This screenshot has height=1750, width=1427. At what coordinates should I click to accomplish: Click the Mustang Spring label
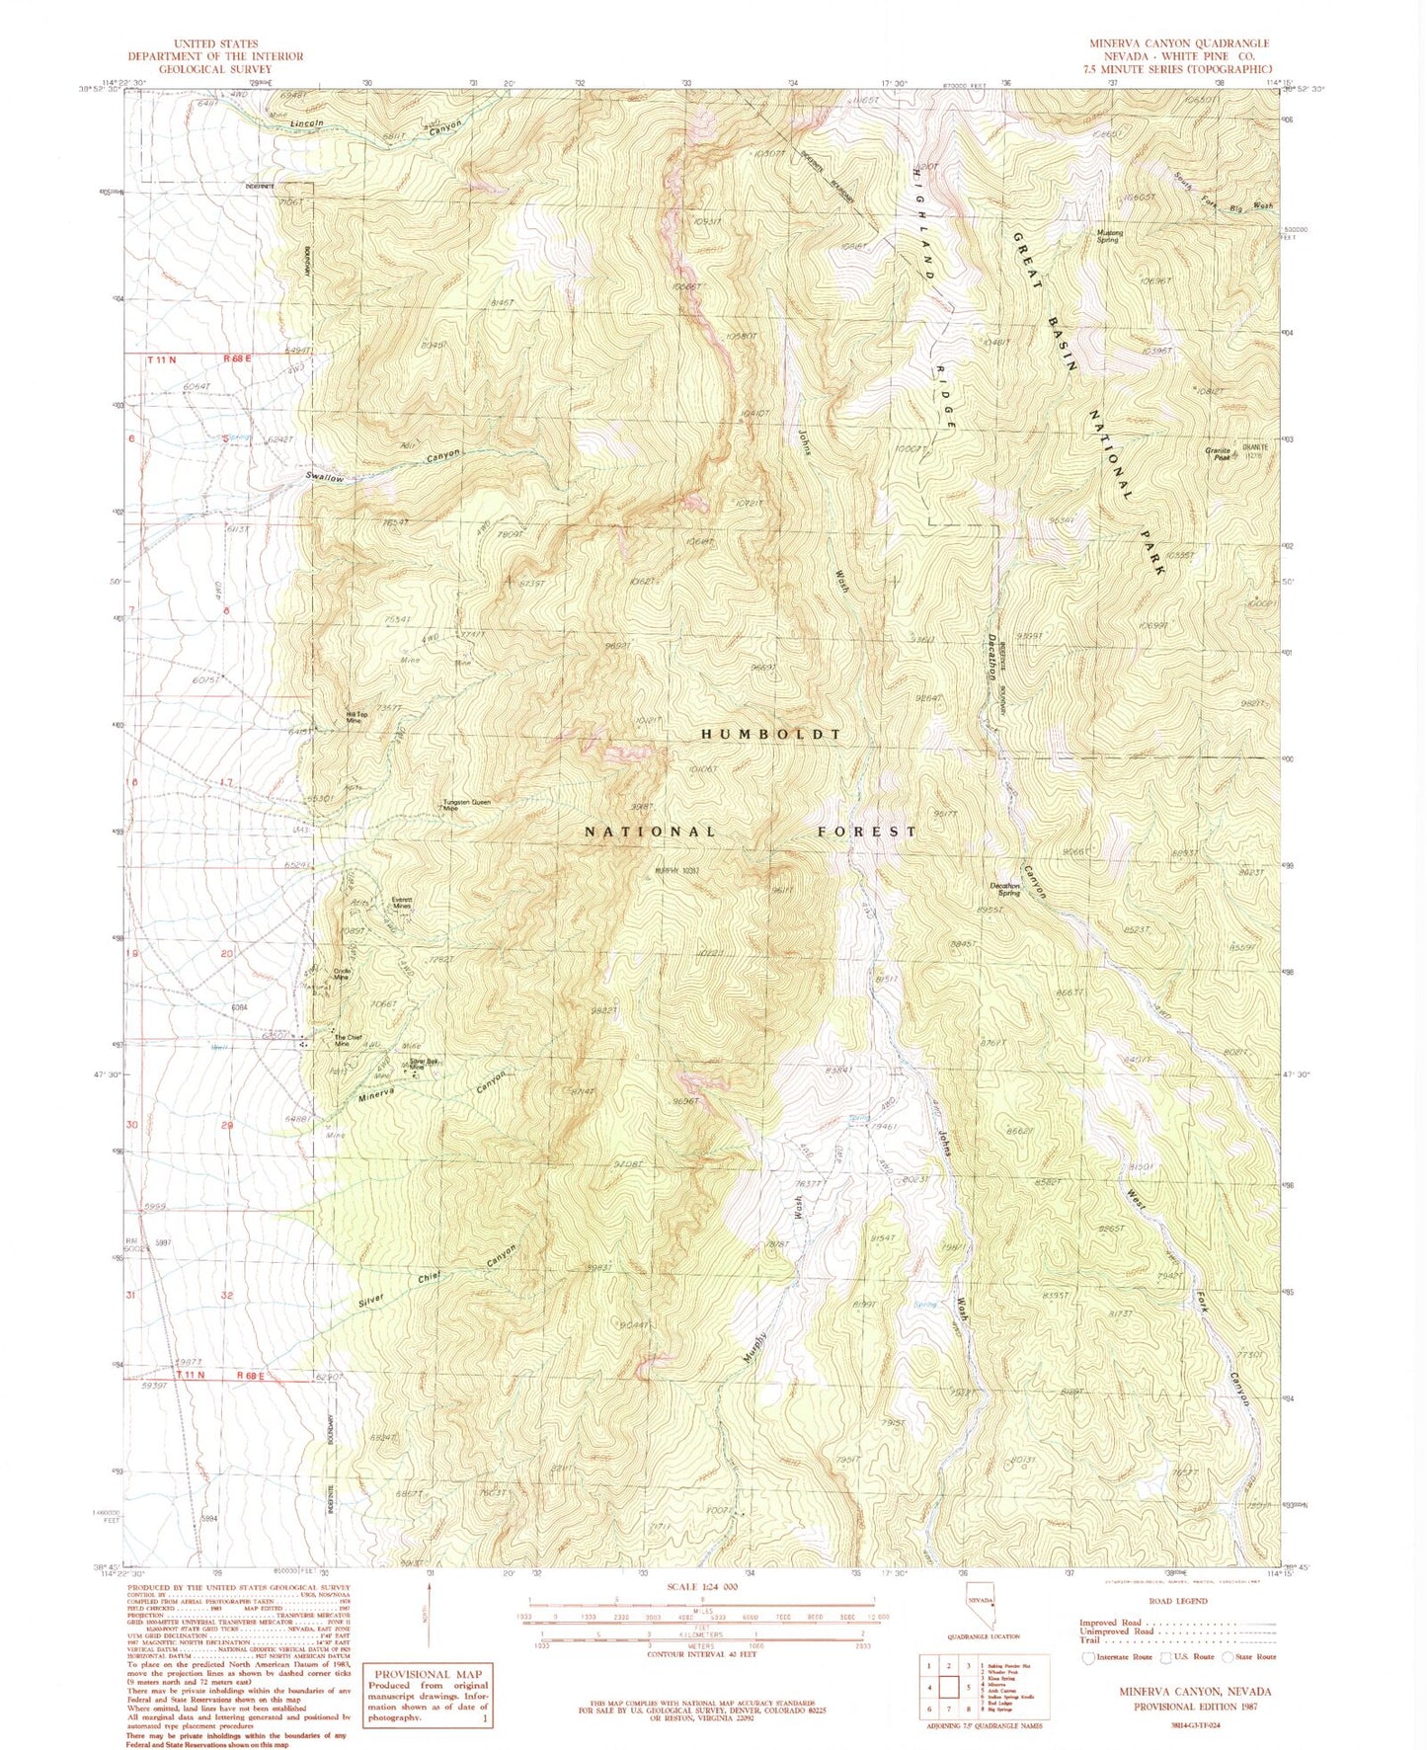(x=1110, y=235)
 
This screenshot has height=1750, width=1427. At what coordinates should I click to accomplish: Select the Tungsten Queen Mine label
(x=466, y=805)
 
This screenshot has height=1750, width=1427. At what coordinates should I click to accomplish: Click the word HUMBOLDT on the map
(x=771, y=735)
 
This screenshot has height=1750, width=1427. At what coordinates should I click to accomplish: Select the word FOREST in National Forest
(x=866, y=832)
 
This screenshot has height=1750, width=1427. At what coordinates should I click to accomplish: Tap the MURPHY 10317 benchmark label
(x=676, y=871)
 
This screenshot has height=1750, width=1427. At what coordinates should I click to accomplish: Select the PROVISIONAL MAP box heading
(x=428, y=1674)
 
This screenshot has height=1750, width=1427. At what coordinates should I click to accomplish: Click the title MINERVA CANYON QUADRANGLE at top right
(x=1178, y=43)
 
